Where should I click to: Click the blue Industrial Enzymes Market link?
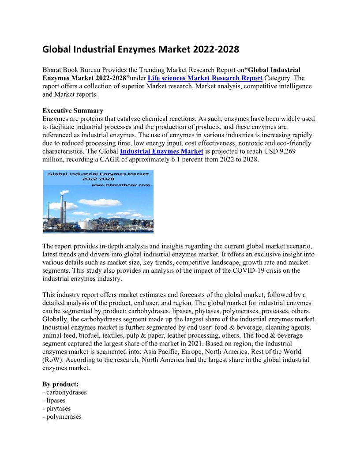(161, 151)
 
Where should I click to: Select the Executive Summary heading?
(73, 111)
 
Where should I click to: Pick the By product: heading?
(60, 384)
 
